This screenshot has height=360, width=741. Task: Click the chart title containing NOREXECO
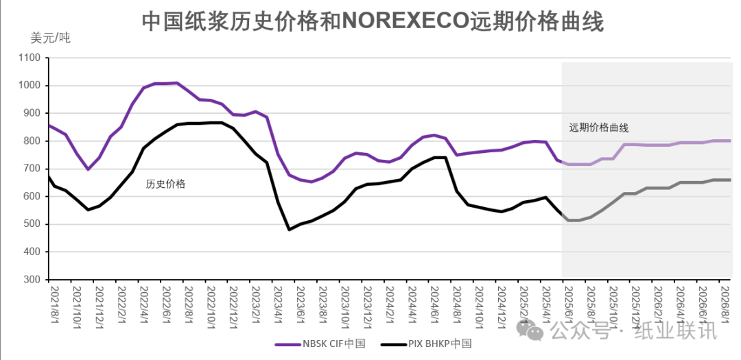(x=373, y=21)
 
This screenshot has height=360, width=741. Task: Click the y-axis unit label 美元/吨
(x=50, y=38)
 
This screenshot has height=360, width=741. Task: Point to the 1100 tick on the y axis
(x=30, y=58)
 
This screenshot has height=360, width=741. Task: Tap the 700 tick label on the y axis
(x=32, y=169)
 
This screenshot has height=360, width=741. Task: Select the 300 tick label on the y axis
(x=32, y=280)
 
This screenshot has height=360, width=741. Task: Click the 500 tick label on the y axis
(x=32, y=224)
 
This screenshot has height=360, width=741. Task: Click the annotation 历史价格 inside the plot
(x=165, y=184)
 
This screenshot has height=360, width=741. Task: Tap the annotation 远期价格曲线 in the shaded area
(x=598, y=128)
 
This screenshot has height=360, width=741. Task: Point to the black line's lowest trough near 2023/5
(x=289, y=229)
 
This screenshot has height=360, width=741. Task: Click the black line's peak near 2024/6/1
(x=439, y=158)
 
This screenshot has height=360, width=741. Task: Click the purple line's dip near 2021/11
(x=88, y=169)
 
